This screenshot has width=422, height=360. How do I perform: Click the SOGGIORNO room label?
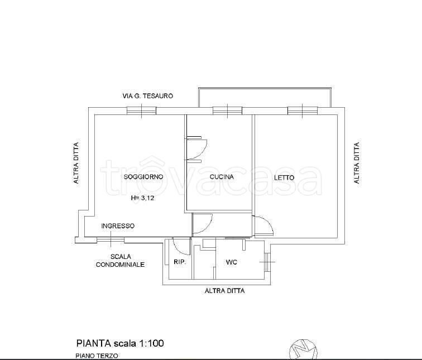point(143,177)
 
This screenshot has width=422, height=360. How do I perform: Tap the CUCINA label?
point(222,177)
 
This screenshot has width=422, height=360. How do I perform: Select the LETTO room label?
point(284,177)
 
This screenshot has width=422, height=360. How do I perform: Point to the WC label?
point(232,262)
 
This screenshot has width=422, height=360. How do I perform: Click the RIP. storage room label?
point(180,262)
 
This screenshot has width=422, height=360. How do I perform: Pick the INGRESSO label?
point(118,225)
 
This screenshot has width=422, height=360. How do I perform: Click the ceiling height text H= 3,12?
point(142,198)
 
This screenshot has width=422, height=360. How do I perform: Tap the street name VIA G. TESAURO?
point(148,96)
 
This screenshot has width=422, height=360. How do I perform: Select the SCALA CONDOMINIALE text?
point(120,261)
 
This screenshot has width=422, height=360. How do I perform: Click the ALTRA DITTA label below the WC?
point(225,291)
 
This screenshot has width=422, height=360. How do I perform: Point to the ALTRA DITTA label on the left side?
point(76,163)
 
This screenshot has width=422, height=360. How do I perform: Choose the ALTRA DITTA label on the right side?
point(357,163)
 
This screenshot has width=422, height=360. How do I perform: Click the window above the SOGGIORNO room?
point(141,111)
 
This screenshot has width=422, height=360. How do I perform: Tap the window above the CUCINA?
point(227,111)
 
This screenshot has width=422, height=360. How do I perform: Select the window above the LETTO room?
point(303,111)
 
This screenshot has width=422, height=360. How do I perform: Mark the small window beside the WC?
point(266,262)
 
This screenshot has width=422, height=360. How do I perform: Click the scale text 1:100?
point(151,343)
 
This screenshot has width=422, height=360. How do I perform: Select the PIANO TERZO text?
point(97,356)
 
